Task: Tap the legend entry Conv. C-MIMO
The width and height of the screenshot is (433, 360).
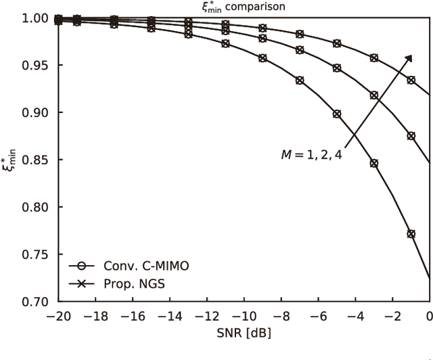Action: [143, 266]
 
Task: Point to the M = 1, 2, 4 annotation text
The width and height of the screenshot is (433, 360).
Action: [312, 155]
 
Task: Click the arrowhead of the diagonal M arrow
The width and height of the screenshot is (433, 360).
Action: [410, 58]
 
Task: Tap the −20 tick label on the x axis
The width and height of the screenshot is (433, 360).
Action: [58, 317]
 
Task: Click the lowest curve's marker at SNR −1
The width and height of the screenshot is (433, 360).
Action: [411, 233]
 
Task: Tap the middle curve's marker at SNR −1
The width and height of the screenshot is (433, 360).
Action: [411, 136]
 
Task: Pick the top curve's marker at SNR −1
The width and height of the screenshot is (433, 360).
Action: [411, 80]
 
